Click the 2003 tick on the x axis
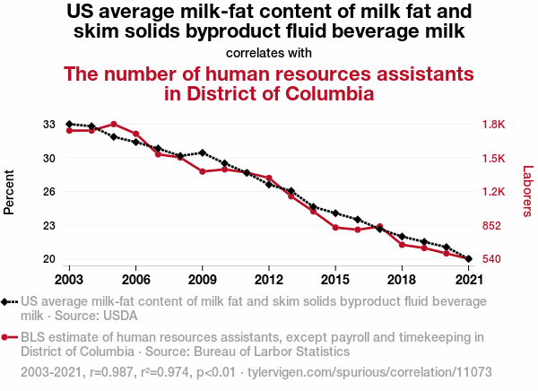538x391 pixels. coord(69,280)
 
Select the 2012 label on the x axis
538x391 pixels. coord(269,280)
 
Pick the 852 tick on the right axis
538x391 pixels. coord(494,225)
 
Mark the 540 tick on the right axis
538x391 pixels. coord(494,259)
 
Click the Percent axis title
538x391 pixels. coord(10,192)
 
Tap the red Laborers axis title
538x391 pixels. coord(527,191)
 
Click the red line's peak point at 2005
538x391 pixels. coord(114,124)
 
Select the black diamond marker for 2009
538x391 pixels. coord(203,152)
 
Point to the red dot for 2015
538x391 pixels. coord(335,227)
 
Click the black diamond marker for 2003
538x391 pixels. coord(69,124)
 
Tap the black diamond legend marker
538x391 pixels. coord(6,303)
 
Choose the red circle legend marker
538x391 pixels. coord(6,338)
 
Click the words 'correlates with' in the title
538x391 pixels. coord(269,52)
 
